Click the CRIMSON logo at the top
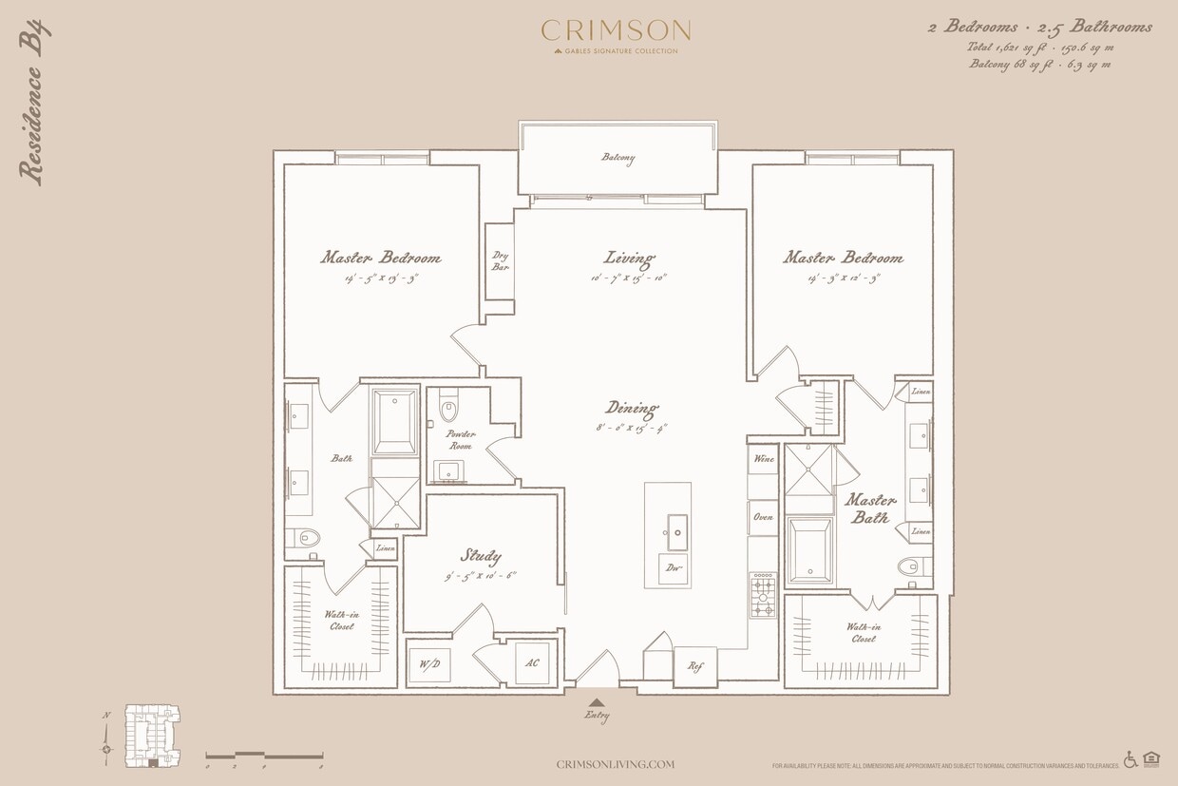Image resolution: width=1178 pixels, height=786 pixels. (616, 31)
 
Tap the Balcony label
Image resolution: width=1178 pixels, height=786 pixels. (617, 159)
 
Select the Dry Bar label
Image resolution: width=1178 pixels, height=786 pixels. (500, 261)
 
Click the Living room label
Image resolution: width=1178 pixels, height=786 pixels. (630, 258)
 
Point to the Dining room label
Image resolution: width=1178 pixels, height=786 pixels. (632, 409)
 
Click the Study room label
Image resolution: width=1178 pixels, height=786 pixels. (481, 556)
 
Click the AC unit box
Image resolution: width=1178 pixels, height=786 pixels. (532, 663)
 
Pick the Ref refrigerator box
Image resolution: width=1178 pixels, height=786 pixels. (694, 665)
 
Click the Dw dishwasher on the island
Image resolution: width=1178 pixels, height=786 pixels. (673, 568)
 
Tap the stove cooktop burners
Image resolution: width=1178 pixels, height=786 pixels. (762, 594)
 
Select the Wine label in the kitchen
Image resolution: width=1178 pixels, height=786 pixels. (763, 459)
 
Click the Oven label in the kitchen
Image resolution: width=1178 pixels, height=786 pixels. (763, 517)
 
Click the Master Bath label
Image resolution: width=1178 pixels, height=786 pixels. (870, 508)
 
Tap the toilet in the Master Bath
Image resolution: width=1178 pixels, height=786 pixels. (909, 567)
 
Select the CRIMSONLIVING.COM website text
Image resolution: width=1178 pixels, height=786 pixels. (615, 764)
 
